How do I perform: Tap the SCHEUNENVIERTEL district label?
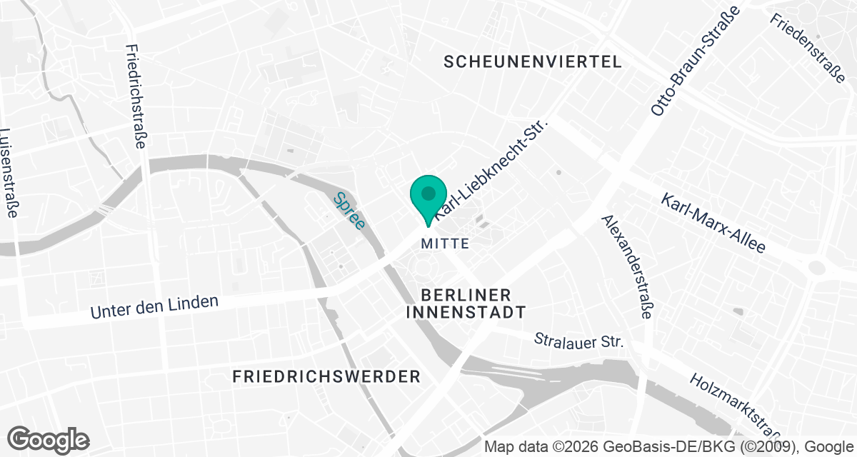click(532, 62)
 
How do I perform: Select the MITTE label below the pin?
click(445, 243)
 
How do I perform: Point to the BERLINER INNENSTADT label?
click(466, 303)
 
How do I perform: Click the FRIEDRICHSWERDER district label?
click(326, 376)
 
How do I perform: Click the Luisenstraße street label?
click(9, 175)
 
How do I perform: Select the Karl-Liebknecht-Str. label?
click(491, 169)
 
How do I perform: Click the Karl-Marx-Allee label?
click(713, 223)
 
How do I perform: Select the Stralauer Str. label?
click(579, 340)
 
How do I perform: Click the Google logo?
click(49, 438)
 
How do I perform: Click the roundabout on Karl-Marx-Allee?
click(817, 268)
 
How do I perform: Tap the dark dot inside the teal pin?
click(428, 193)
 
